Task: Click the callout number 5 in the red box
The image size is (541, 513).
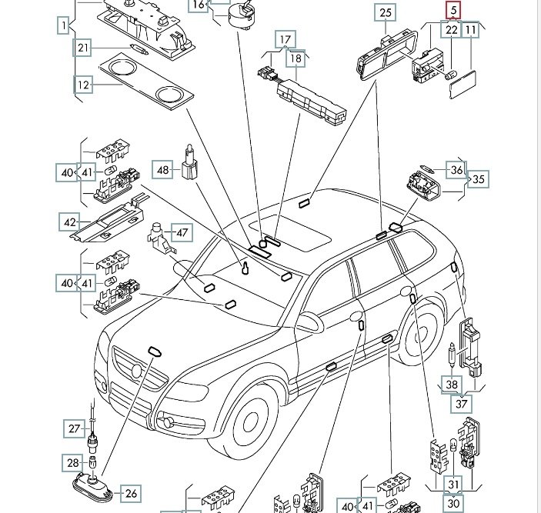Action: point(453,10)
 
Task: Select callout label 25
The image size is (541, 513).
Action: point(385,12)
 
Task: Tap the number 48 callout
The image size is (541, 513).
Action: point(162,170)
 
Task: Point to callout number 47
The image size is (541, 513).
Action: point(181,232)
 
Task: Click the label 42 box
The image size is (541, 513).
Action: point(71,223)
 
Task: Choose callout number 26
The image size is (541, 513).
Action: point(130,494)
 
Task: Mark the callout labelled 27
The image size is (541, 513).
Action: point(74,428)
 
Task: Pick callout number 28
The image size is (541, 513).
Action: point(72,463)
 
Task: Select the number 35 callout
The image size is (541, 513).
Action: point(479,179)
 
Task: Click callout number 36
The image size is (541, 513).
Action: point(457,170)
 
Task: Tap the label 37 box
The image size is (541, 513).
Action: point(462,402)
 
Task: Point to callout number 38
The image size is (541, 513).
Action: point(452,385)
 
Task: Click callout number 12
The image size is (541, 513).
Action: point(83,85)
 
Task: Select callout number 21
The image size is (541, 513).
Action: point(83,48)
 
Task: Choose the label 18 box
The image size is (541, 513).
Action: point(296,58)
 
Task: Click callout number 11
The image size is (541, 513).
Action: point(470,30)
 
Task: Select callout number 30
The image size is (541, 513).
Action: point(454,503)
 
